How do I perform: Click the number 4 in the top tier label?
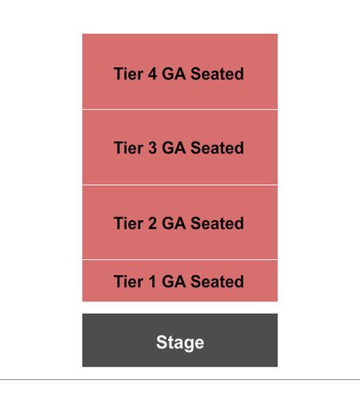pos(152,74)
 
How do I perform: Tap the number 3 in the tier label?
pos(152,148)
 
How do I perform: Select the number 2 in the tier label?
pos(152,223)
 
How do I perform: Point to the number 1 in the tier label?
pos(152,282)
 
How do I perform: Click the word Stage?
pos(180,342)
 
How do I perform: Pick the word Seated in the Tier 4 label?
pos(218,74)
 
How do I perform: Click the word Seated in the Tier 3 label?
pos(218,148)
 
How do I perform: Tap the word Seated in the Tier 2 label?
pos(218,223)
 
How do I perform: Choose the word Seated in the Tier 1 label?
pos(218,282)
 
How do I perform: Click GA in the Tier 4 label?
pos(174,74)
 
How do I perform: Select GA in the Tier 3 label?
pos(174,148)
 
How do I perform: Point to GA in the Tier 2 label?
pos(174,223)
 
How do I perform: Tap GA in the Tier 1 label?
pos(174,282)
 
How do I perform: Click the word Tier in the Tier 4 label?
pos(129,74)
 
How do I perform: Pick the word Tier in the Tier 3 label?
pos(129,148)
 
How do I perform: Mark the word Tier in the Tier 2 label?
pos(129,223)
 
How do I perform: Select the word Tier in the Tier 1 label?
pos(129,282)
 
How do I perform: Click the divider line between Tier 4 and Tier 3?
pos(180,110)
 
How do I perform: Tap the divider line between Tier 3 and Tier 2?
pos(180,185)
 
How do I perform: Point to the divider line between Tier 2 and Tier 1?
pos(180,259)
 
